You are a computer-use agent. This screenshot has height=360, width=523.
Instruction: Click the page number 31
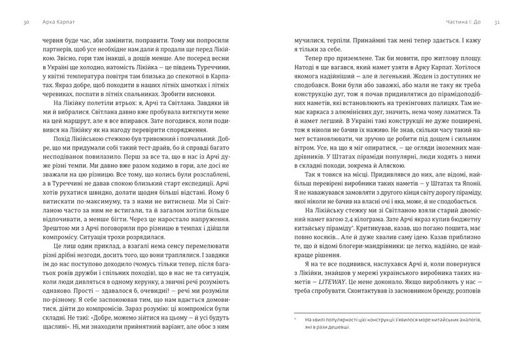[498, 23]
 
